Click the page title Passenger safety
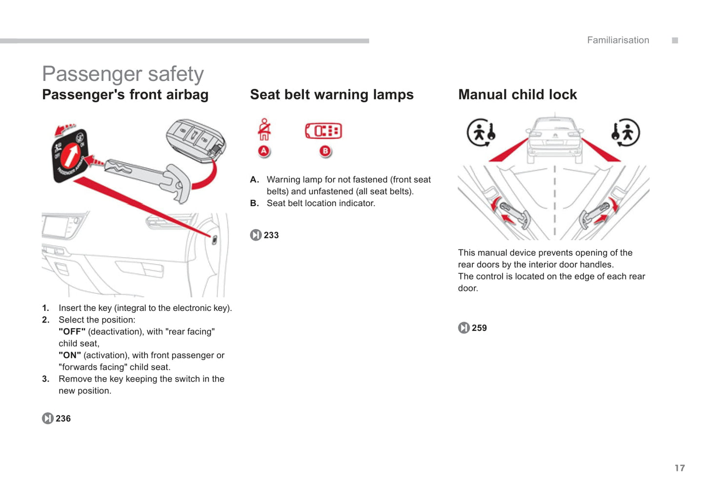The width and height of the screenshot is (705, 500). pos(123,74)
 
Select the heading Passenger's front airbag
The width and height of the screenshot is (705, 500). pos(125,95)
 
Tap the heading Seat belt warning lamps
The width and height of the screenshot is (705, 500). pos(332,95)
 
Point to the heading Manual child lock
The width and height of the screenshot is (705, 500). pos(517,95)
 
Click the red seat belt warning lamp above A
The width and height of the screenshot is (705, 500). pos(264,129)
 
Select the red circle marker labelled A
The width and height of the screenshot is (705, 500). pos(264,151)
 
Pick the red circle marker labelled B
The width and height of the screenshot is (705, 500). pos(325,151)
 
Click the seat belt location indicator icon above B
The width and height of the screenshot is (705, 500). pos(323,131)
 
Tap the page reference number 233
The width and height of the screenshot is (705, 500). pos(271,235)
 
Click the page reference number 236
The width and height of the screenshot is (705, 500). pos(63,419)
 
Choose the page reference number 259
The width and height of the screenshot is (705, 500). pos(479,328)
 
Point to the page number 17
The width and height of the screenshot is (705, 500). pos(680,468)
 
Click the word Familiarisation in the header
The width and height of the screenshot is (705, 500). pos(618,40)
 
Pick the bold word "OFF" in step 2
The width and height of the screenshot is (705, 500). pos(72,332)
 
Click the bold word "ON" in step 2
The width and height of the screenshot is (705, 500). pos(70,355)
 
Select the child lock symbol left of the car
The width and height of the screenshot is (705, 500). pos(482,133)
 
